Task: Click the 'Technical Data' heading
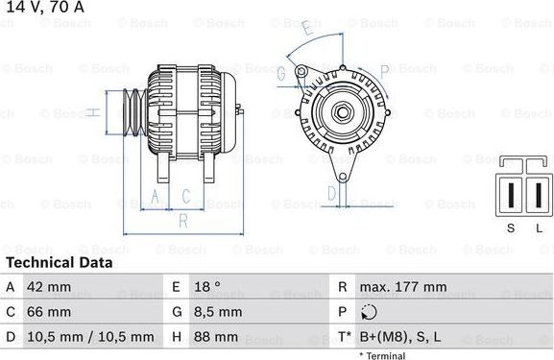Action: (59, 262)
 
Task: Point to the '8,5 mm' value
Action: (218, 312)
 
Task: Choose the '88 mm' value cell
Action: (218, 337)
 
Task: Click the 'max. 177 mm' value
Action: (402, 287)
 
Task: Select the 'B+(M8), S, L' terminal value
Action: (400, 337)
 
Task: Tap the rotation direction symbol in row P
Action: (370, 312)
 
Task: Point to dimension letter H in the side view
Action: (91, 113)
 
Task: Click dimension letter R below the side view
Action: (181, 222)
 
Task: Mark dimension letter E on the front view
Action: (305, 30)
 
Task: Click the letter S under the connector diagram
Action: (510, 227)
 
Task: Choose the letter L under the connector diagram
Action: (538, 227)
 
